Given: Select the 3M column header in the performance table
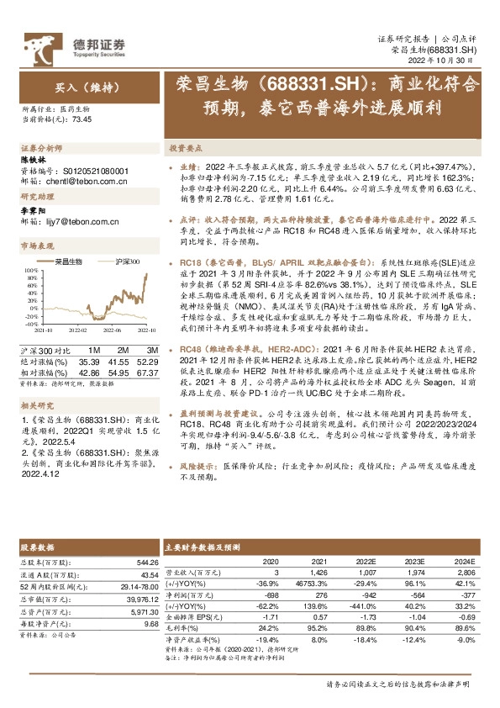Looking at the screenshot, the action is [x=152, y=349].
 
